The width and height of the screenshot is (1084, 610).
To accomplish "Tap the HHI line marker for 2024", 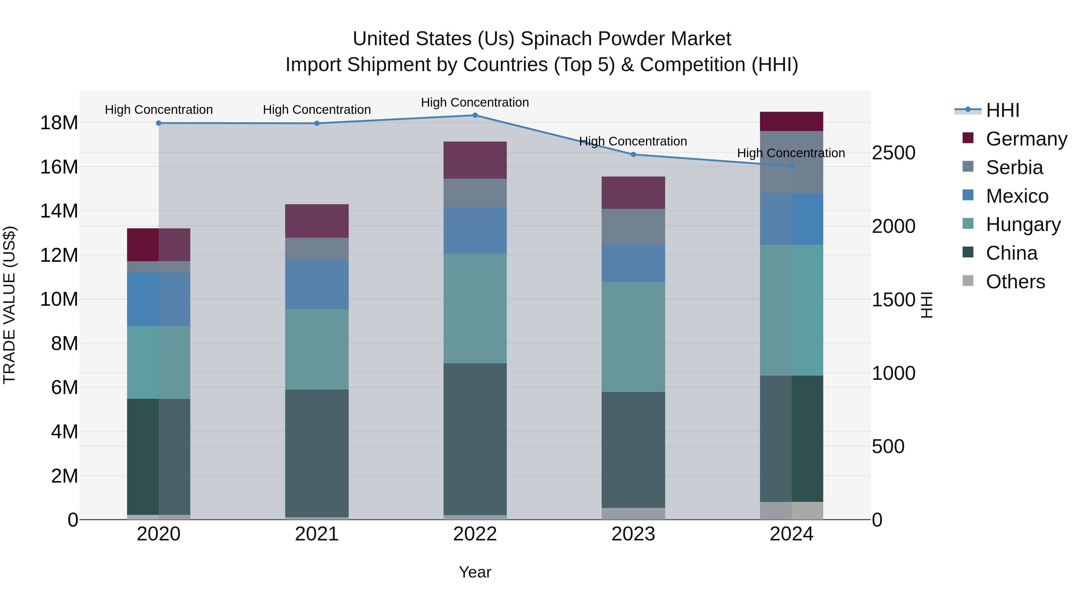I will click(x=792, y=166).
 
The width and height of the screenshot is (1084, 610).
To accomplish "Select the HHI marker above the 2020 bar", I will click(x=159, y=123).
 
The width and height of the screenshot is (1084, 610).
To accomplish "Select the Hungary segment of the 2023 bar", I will click(x=633, y=337).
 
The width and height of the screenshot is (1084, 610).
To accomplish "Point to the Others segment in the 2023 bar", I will click(x=633, y=513).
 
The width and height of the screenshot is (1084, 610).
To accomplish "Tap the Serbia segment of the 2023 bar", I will click(x=633, y=227).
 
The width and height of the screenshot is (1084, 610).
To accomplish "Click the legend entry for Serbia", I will click(x=1014, y=167).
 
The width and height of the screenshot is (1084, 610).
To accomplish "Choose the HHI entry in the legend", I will click(x=1002, y=110).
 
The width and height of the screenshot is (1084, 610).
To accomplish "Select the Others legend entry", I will click(x=1015, y=282).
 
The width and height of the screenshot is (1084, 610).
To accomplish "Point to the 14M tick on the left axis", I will click(x=59, y=211).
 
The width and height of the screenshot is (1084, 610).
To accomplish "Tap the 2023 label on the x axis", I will click(x=633, y=534).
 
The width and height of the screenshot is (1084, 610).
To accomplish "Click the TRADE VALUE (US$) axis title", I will click(x=9, y=305).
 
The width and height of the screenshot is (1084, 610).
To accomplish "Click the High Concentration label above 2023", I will click(x=633, y=142).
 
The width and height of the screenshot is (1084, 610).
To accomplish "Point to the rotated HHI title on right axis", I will click(x=927, y=305).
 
